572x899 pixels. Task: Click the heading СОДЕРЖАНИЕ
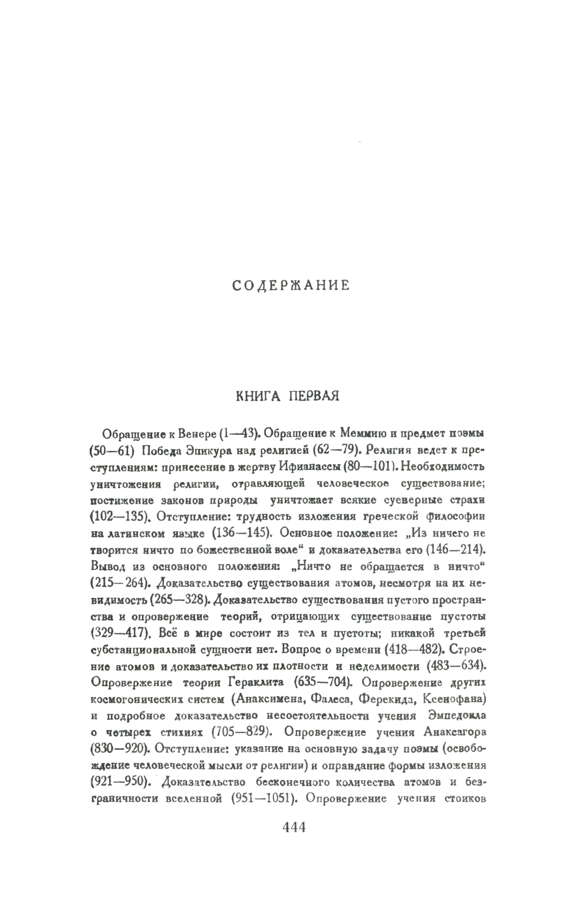pyautogui.click(x=291, y=285)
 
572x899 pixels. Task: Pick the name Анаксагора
pyautogui.click(x=454, y=732)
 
